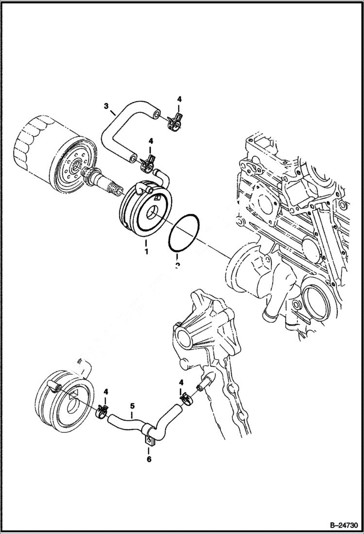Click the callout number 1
pos(145,252)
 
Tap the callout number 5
pos(131,405)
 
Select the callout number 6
pos(149,459)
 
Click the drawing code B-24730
pos(338,526)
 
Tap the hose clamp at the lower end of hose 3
pos(148,163)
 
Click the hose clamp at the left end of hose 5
pos(102,411)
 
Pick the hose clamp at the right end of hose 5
pos(185,399)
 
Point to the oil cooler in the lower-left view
pos(63,399)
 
